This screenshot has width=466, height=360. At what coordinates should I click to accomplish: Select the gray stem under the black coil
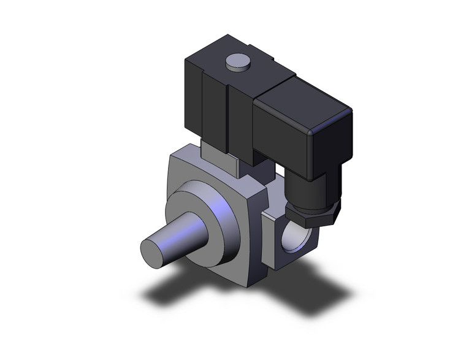pyautogui.click(x=218, y=156)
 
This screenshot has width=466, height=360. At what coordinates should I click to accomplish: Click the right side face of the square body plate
pyautogui.click(x=258, y=245)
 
